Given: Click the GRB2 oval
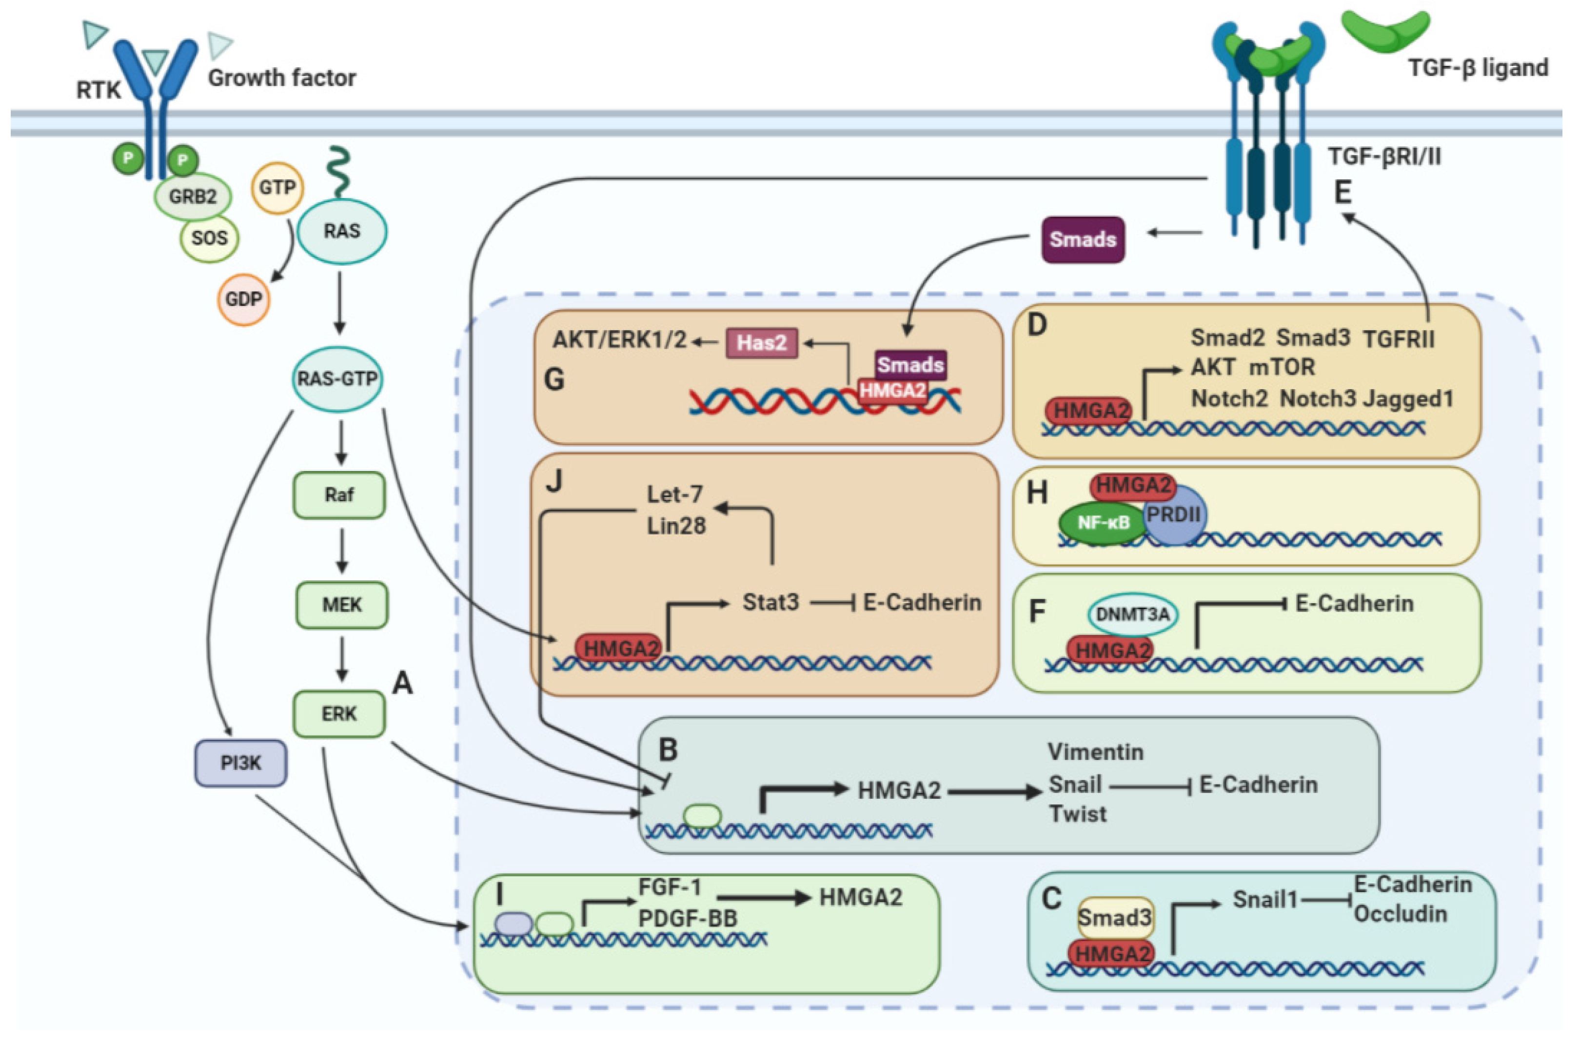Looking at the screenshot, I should click(x=193, y=197).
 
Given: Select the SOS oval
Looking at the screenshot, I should click(x=209, y=238).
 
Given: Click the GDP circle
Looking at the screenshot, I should click(x=243, y=299).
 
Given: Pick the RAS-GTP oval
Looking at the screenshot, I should click(x=337, y=379).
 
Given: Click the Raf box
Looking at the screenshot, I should click(x=339, y=495).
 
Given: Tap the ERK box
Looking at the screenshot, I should click(x=339, y=714).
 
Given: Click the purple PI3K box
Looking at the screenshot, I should click(x=241, y=763).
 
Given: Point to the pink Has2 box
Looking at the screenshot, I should click(x=762, y=343).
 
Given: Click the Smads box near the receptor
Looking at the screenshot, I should click(x=1083, y=239).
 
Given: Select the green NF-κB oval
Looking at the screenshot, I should click(x=1103, y=522).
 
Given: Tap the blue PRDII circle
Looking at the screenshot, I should click(x=1174, y=514).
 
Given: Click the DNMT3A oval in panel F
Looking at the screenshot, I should click(x=1132, y=614).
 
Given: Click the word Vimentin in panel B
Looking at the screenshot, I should click(x=1096, y=752).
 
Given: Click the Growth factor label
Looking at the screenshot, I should click(x=282, y=78).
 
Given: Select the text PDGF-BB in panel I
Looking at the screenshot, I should click(x=688, y=919).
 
